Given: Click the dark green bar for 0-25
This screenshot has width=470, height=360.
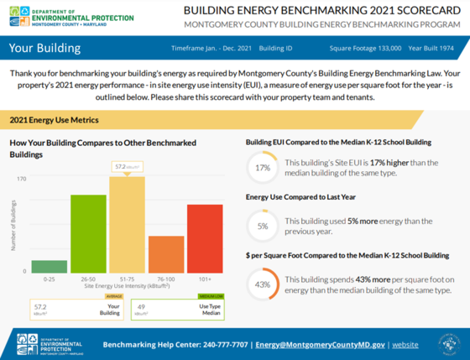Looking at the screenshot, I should coord(50,266).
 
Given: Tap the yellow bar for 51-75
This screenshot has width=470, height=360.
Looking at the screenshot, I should coord(128,224).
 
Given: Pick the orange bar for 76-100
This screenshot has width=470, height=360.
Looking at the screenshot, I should coord(166,254).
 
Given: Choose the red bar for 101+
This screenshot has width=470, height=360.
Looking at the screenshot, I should coord(205,238).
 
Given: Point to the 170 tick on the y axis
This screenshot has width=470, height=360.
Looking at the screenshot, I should coord(21,178).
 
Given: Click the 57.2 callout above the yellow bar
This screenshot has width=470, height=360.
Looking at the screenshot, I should coord(127,167).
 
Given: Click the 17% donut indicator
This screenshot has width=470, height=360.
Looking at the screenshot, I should coord(262,168).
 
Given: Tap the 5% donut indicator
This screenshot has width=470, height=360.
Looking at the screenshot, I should coord(262,226).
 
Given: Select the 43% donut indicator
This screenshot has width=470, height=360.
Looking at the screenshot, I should coord(262,284).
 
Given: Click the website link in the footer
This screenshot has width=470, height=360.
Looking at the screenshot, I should coord(405,345).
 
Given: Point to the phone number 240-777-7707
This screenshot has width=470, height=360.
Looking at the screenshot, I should coord(226,345).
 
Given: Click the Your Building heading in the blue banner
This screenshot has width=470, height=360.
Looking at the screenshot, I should coord(44,48).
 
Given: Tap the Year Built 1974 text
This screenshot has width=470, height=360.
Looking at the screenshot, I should coord(433,49).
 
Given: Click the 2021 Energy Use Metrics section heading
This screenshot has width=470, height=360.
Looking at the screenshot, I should coord(50,121).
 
